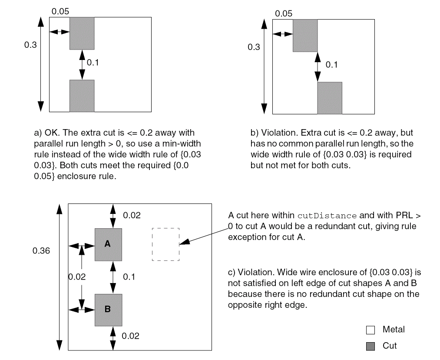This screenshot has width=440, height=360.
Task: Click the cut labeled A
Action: [108, 244]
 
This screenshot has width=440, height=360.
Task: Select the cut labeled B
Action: [108, 310]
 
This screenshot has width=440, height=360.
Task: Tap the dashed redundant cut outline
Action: [165, 244]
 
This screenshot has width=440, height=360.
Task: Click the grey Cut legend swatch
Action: [370, 346]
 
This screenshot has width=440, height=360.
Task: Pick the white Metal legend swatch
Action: [370, 330]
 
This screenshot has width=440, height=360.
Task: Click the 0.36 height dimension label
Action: [41, 251]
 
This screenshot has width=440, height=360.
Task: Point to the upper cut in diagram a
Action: [82, 33]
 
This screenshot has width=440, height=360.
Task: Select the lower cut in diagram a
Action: [82, 96]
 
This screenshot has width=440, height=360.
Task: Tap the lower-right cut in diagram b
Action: [329, 98]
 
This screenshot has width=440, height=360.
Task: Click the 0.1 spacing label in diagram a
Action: [93, 63]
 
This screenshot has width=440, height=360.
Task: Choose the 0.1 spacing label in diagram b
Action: [331, 65]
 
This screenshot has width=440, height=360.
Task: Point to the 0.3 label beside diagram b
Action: [254, 47]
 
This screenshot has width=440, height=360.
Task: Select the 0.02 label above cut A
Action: [132, 215]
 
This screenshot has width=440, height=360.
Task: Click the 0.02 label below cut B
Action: [130, 336]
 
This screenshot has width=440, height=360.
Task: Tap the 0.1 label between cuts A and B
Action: [129, 277]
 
